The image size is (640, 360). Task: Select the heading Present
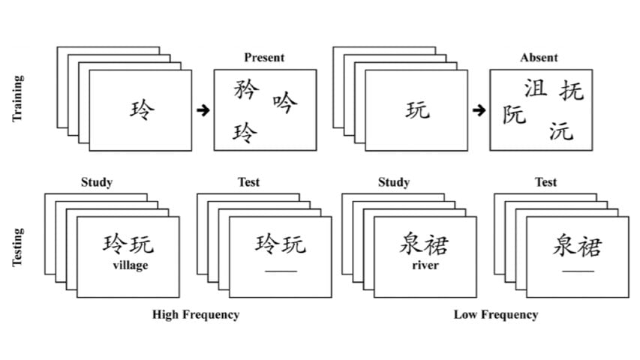(264, 58)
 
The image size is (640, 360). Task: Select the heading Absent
(539, 58)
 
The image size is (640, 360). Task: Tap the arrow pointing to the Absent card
(479, 110)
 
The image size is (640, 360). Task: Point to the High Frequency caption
(196, 314)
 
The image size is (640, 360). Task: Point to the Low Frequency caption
(495, 314)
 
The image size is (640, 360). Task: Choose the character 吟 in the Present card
(285, 102)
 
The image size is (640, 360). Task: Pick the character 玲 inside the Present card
(245, 133)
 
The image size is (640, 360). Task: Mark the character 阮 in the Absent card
(515, 114)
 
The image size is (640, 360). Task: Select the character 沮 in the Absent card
(535, 88)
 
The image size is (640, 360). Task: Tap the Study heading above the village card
(97, 182)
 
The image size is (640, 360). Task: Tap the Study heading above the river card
(394, 182)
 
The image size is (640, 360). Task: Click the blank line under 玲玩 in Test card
(281, 270)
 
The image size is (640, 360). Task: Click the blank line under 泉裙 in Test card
(578, 270)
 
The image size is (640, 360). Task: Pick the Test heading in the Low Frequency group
(545, 182)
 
